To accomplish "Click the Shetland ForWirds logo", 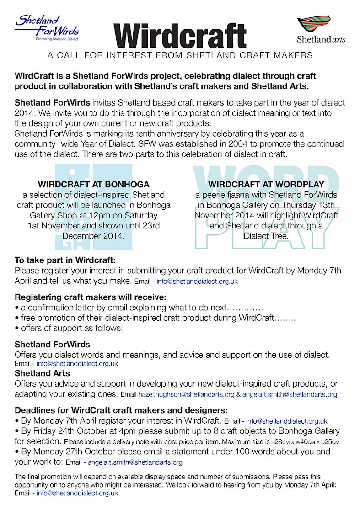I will (x=47, y=27).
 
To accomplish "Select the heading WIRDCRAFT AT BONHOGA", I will (x=93, y=185).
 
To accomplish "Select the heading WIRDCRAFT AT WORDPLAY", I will (x=266, y=185).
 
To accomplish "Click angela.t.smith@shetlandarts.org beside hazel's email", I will (x=290, y=394).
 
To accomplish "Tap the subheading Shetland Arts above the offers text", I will (x=42, y=373).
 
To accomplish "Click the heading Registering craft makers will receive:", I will (x=82, y=297).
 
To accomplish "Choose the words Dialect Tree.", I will (x=266, y=237).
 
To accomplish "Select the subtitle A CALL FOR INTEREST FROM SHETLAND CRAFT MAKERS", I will (x=180, y=55).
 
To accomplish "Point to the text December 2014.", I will (x=93, y=236).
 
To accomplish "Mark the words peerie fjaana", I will (x=218, y=195).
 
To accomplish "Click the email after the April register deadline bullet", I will (x=287, y=421).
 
